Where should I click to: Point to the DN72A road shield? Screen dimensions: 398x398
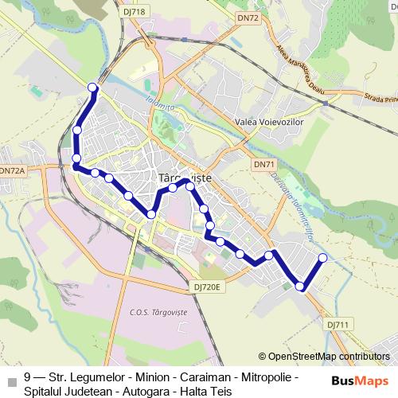click(12, 170)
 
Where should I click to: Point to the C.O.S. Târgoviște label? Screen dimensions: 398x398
click(158, 312)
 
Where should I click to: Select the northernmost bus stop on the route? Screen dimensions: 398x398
click(92, 87)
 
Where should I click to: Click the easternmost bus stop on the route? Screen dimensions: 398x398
click(323, 235)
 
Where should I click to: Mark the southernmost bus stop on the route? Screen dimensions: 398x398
click(300, 287)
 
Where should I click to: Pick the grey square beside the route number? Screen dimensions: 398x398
click(11, 378)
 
